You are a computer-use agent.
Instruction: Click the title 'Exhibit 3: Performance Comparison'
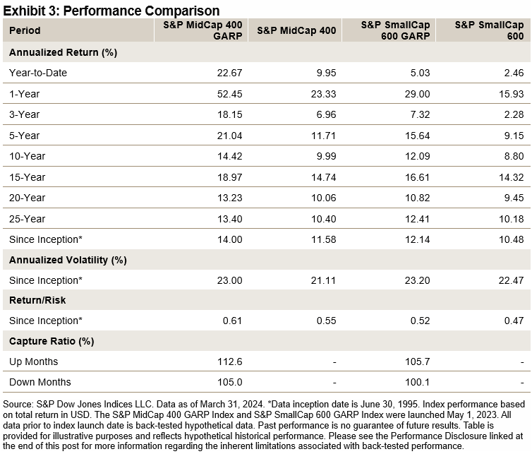pyautogui.click(x=111, y=10)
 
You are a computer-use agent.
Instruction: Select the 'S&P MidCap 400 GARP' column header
pyautogui.click(x=201, y=30)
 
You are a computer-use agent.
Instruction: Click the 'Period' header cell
pyautogui.click(x=25, y=30)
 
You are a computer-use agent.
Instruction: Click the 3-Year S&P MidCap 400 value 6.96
pyautogui.click(x=324, y=114)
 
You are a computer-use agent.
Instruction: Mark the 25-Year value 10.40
pyautogui.click(x=321, y=217)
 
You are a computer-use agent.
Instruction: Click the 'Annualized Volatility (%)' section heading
pyautogui.click(x=68, y=259)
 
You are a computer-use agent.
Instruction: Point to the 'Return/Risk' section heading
pyautogui.click(x=37, y=300)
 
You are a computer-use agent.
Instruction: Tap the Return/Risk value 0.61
pyautogui.click(x=233, y=321)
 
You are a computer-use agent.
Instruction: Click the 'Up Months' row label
pyautogui.click(x=33, y=362)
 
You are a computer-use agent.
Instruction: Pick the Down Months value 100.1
pyautogui.click(x=415, y=382)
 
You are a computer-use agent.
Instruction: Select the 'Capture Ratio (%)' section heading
pyautogui.click(x=52, y=341)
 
